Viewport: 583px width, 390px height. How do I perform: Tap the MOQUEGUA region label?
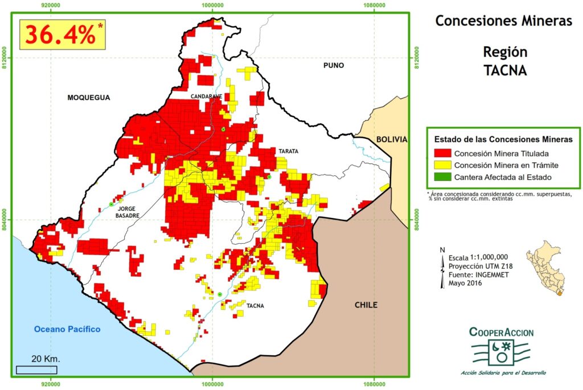click(x=88, y=97)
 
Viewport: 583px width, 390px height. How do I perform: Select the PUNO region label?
click(x=334, y=65)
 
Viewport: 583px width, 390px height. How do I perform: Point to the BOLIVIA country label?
click(x=392, y=139)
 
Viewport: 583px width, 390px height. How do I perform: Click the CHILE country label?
click(x=366, y=305)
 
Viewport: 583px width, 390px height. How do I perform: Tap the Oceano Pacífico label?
click(x=67, y=329)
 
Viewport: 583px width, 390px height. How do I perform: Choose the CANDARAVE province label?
click(x=206, y=96)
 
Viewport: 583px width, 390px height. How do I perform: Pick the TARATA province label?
click(x=288, y=151)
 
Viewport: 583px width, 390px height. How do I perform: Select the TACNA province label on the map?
click(x=255, y=306)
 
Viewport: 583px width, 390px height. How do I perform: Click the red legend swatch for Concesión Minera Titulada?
click(x=442, y=153)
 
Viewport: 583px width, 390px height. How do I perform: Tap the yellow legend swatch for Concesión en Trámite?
click(x=442, y=165)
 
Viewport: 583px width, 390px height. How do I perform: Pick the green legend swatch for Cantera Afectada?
click(x=442, y=177)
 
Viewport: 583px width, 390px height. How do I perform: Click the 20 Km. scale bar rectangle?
click(x=36, y=370)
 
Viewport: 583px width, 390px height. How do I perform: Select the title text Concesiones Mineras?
click(x=503, y=21)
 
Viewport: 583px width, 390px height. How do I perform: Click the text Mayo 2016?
click(x=466, y=283)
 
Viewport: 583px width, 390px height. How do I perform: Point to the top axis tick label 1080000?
click(x=373, y=5)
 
